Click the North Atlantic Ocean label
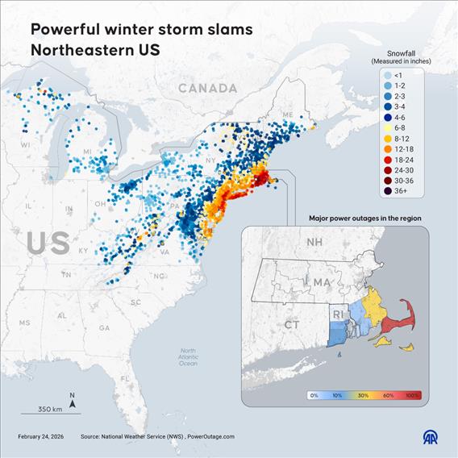tap(188, 357)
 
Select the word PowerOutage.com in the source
tap(211, 436)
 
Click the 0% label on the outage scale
tap(314, 395)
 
